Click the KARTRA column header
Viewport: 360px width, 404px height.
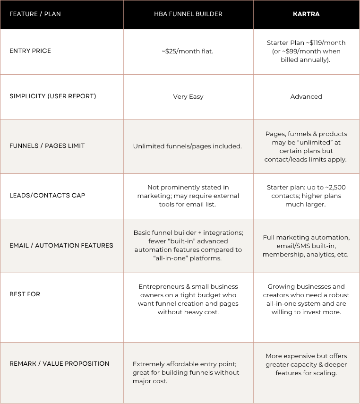306,14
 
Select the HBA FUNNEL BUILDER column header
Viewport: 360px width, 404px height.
188,14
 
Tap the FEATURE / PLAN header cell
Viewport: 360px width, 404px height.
35,14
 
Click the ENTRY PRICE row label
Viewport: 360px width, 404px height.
30,51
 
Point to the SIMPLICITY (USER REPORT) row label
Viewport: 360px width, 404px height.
52,96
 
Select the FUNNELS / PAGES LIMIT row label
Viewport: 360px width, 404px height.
47,146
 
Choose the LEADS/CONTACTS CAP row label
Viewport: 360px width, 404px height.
47,196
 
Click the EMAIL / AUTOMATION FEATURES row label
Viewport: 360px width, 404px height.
61,246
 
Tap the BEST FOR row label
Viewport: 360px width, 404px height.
25,294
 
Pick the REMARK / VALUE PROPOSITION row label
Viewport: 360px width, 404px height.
60,364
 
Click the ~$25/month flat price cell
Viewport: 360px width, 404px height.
188,51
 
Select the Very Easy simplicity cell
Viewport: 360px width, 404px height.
188,97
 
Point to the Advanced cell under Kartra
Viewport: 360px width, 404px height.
306,97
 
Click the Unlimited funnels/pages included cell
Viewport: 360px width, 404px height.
188,146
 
